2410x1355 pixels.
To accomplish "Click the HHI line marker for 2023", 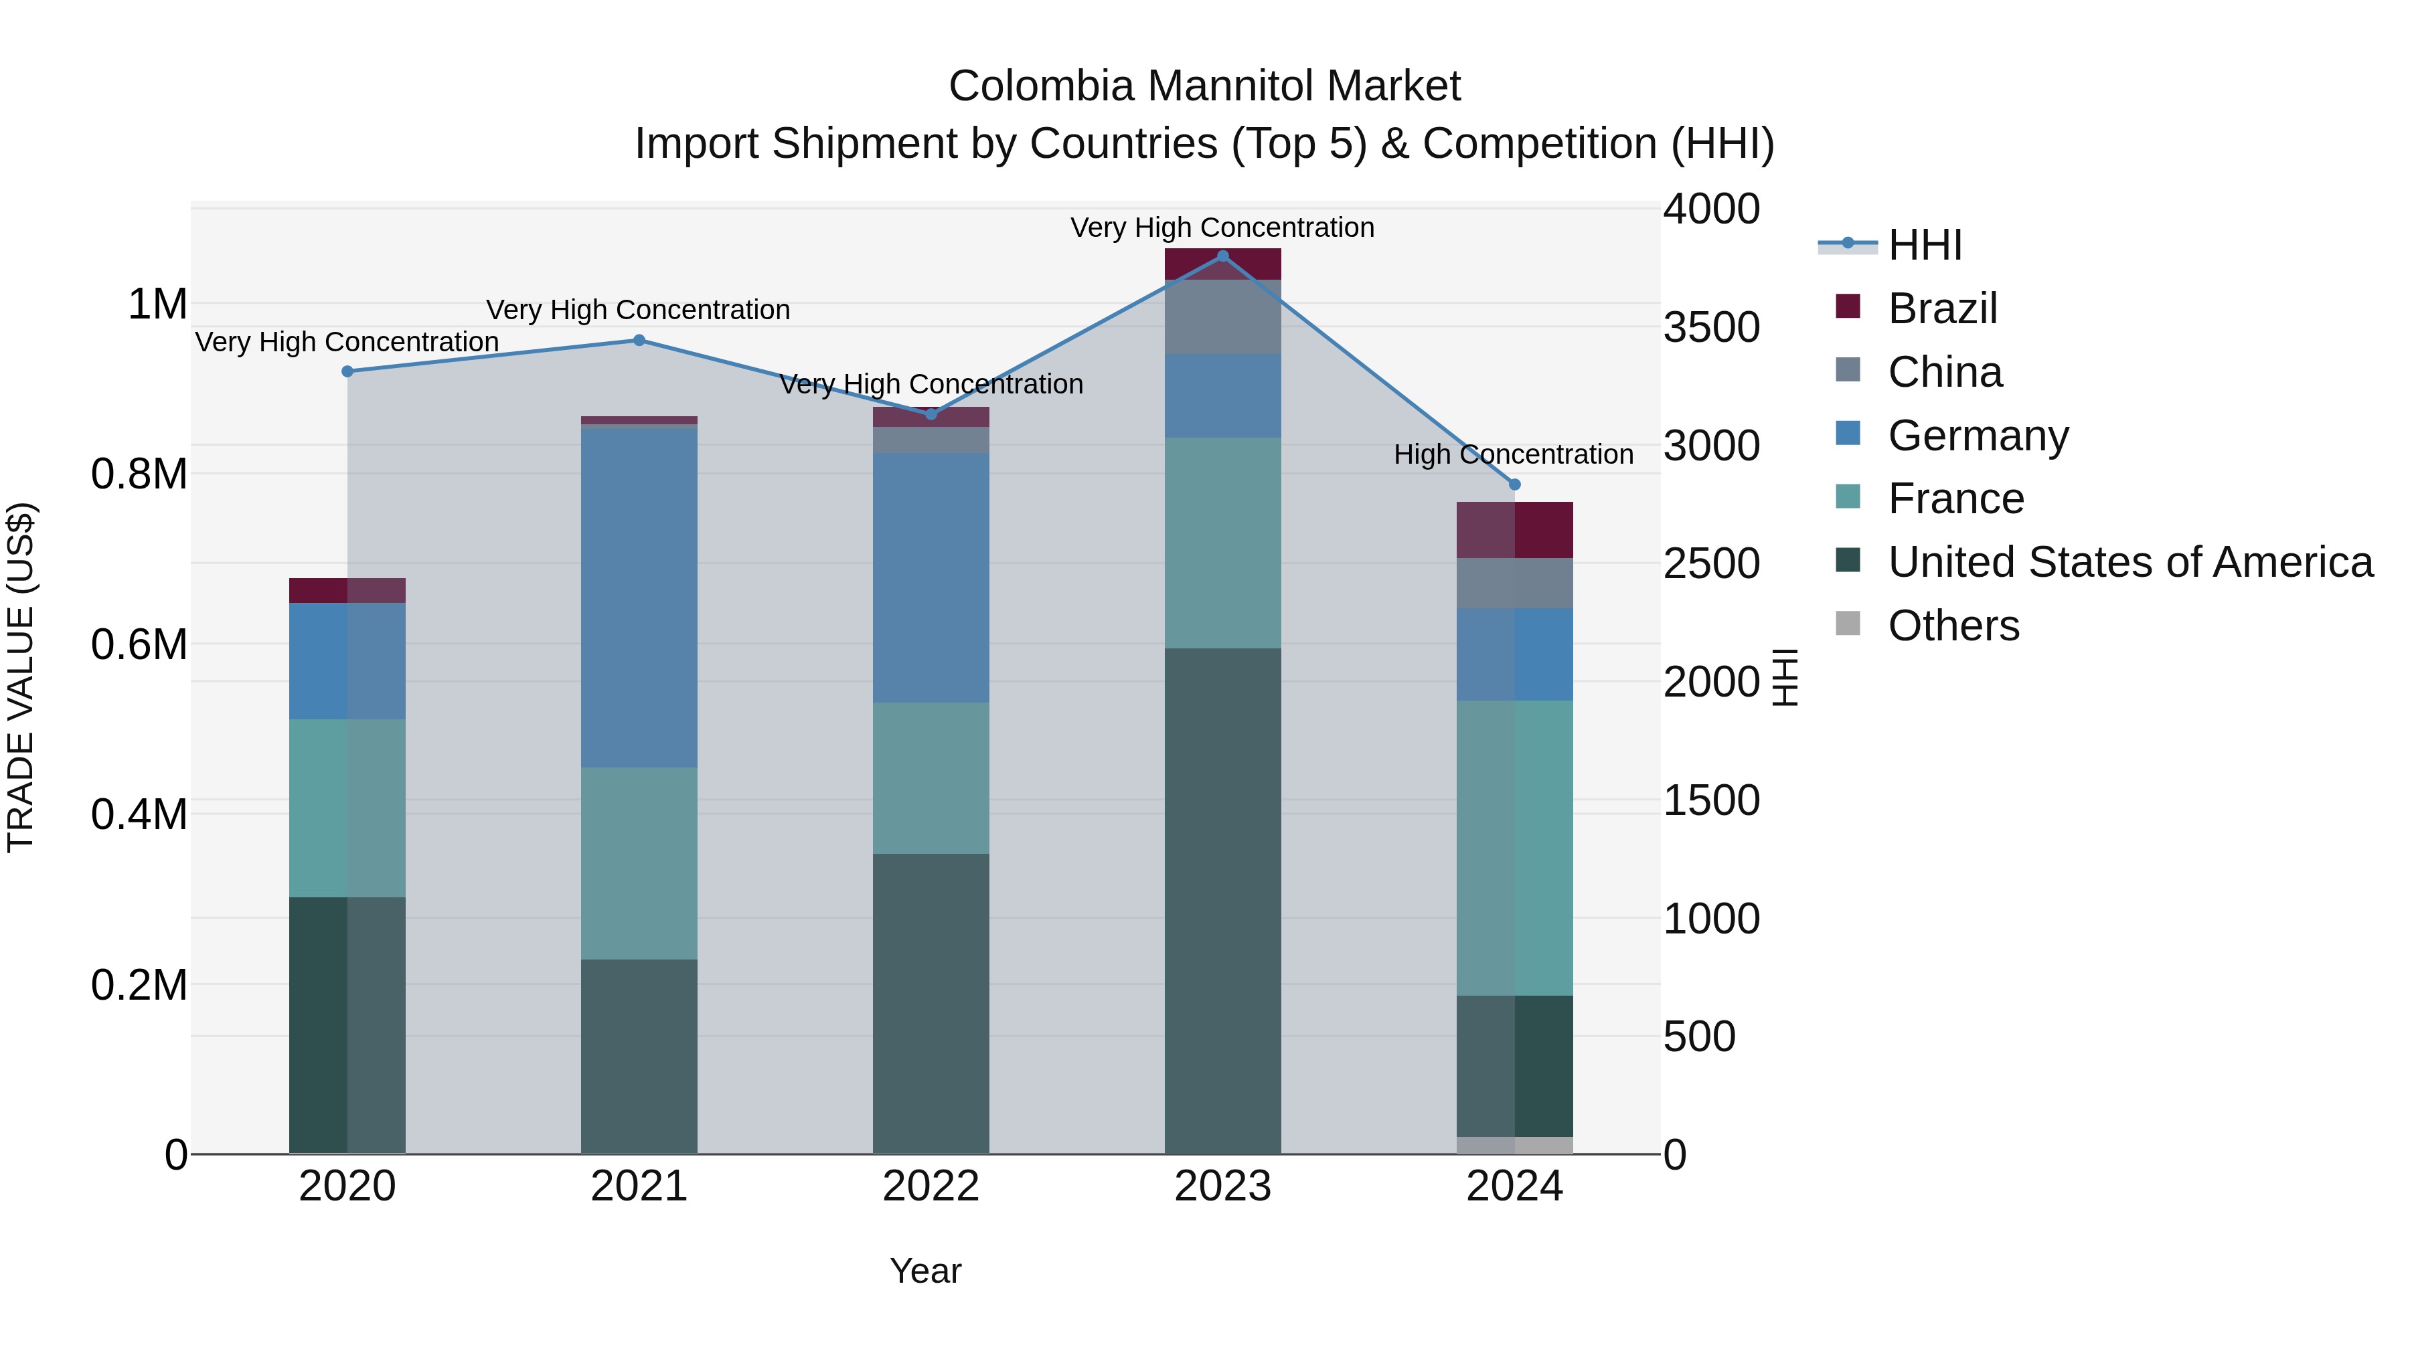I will pyautogui.click(x=1223, y=256).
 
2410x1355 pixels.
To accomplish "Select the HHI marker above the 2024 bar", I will pyautogui.click(x=1515, y=484).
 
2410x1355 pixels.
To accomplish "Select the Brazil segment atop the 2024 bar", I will pyautogui.click(x=1515, y=530).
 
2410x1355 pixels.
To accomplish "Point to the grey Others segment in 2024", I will pyautogui.click(x=1515, y=1145).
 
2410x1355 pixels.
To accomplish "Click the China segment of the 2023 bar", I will pyautogui.click(x=1223, y=317).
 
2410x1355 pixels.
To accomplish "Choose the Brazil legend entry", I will pyautogui.click(x=1941, y=308).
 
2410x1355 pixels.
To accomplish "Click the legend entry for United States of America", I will pyautogui.click(x=2130, y=562).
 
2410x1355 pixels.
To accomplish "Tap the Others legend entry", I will pyautogui.click(x=1953, y=626).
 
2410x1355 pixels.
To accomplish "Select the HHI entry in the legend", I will pyautogui.click(x=1925, y=245).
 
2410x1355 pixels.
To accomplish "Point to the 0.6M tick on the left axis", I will pyautogui.click(x=139, y=644).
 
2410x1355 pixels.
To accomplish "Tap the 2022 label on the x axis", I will pyautogui.click(x=931, y=1186).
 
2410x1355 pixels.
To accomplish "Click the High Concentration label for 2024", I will pyautogui.click(x=1513, y=454).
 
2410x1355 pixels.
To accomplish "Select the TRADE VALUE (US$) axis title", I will pyautogui.click(x=21, y=677).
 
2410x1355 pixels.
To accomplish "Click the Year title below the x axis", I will pyautogui.click(x=925, y=1271).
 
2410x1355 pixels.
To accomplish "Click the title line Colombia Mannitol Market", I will pyautogui.click(x=1204, y=86).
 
